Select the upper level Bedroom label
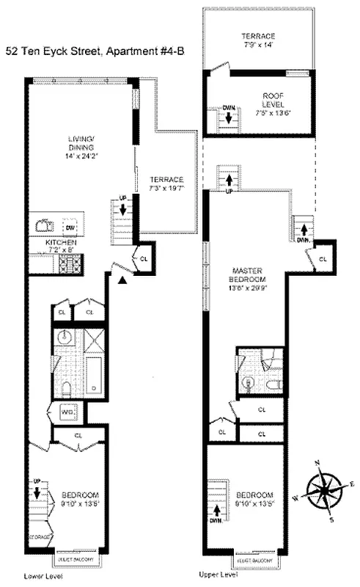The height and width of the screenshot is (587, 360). [x=256, y=499]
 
